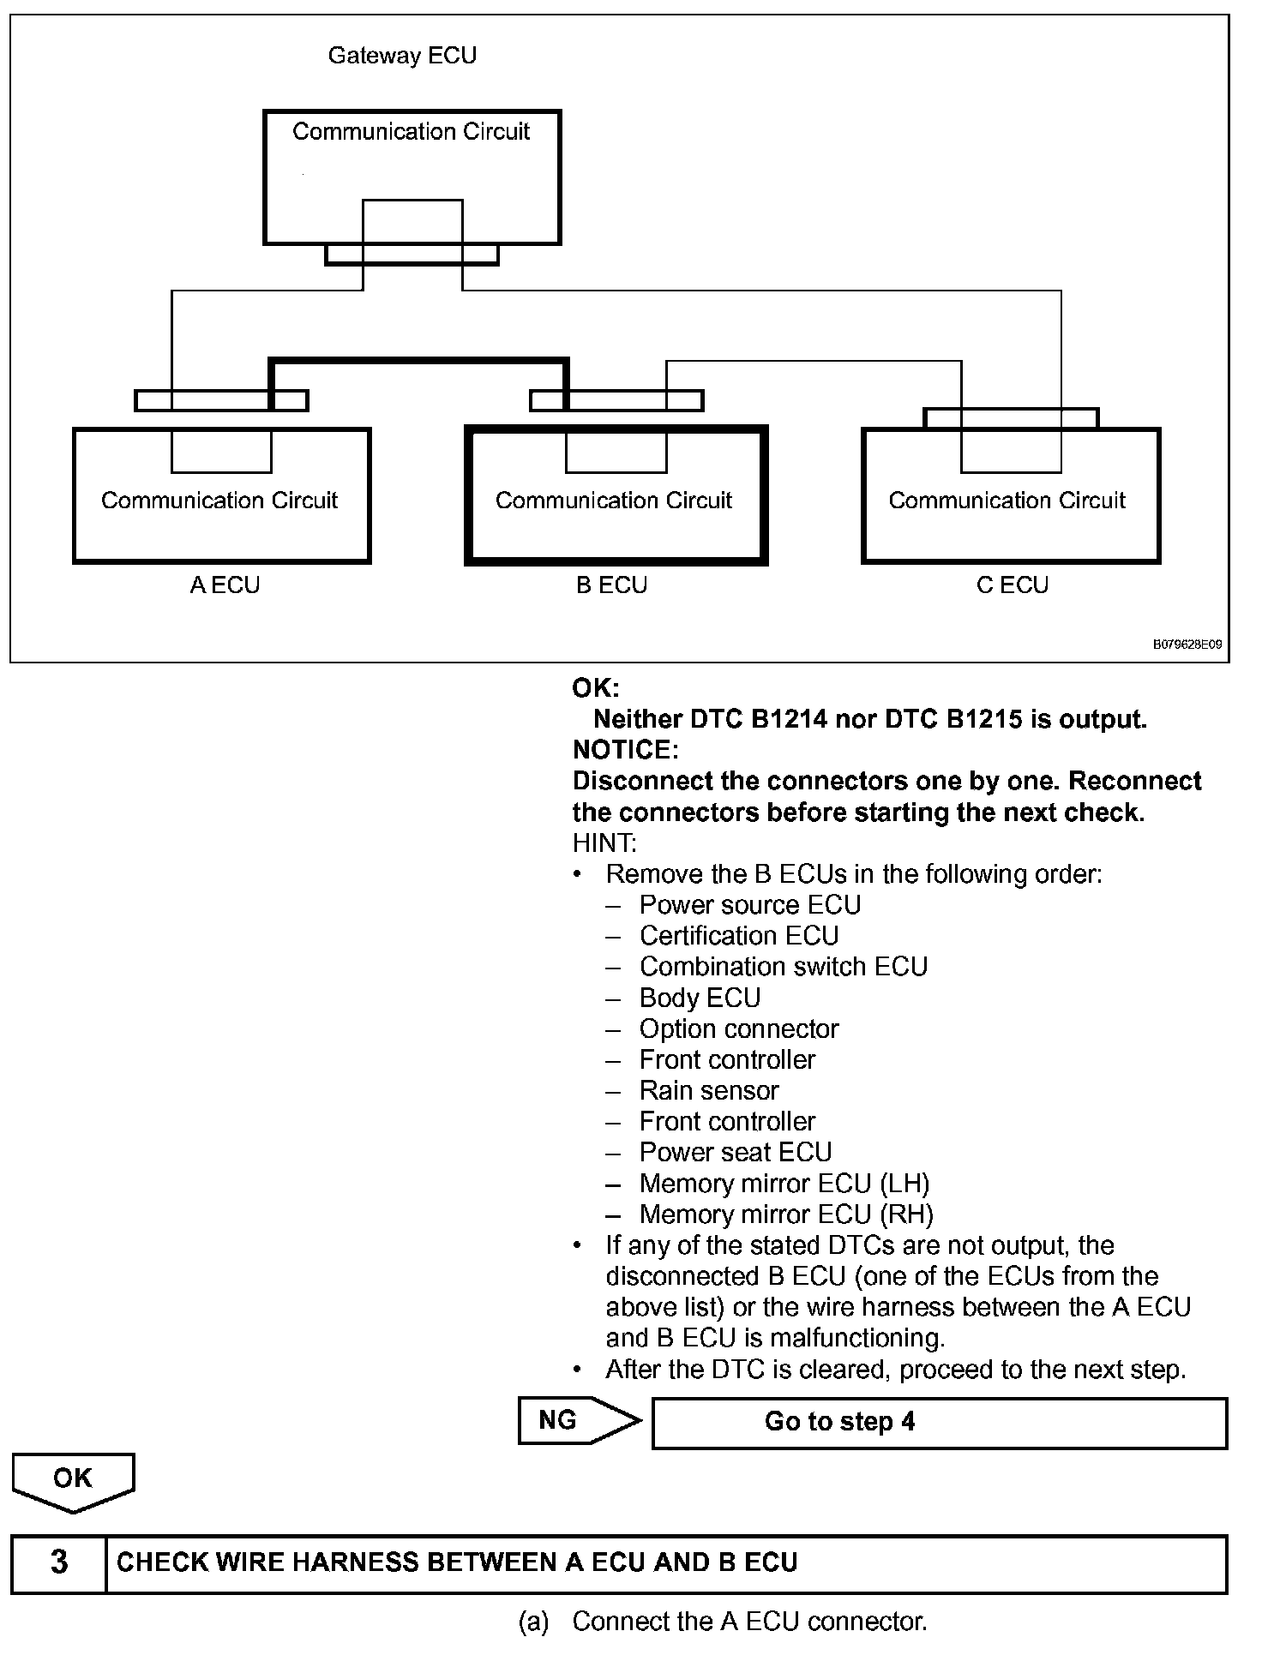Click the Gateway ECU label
pos(402,56)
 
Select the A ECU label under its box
pos(225,585)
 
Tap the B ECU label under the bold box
pos(611,585)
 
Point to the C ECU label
pos(1012,585)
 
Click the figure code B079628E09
pos(1187,645)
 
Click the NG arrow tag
pos(570,1421)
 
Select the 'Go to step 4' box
pos(940,1423)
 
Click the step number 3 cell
pos(58,1562)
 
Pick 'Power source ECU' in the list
pos(749,905)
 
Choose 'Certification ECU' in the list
pos(738,936)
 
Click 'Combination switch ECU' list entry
pos(783,967)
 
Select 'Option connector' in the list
pos(738,1028)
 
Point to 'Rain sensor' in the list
pos(708,1090)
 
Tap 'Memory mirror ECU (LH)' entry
pos(784,1184)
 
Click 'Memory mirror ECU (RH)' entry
pos(785,1214)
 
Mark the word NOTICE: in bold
pos(625,750)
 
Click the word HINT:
pos(604,843)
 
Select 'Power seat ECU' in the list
pos(735,1153)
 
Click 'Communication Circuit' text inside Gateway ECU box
pos(411,132)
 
